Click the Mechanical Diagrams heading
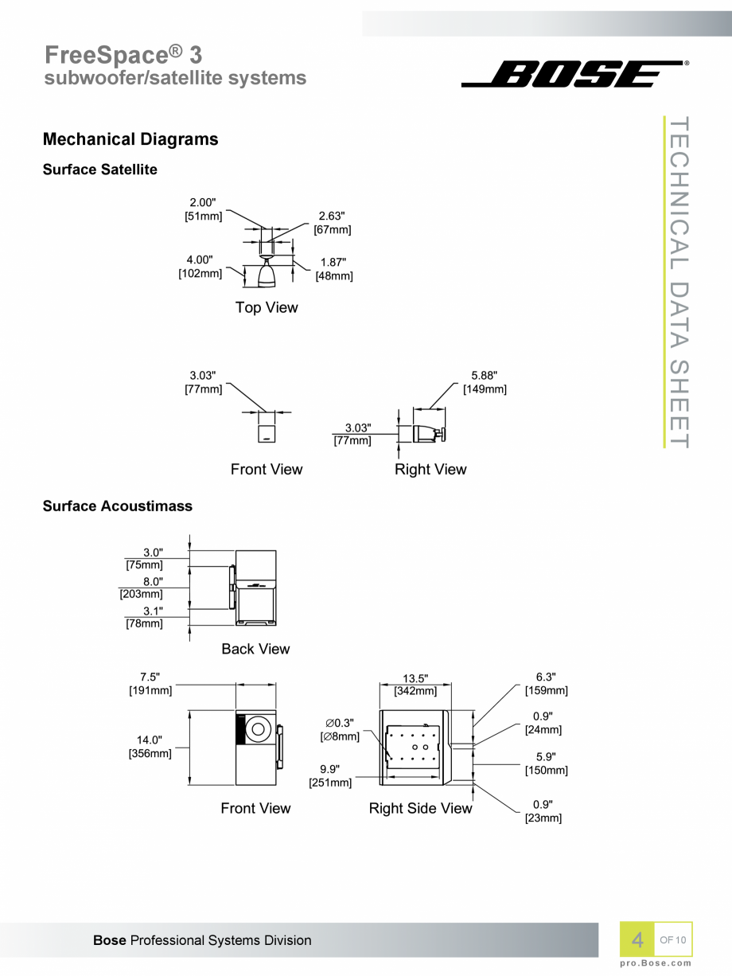(x=130, y=139)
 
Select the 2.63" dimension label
(x=332, y=216)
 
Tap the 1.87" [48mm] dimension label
(x=334, y=269)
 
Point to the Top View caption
(x=267, y=307)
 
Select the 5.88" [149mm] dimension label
(x=485, y=382)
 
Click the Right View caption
(x=430, y=469)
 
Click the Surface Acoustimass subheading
(x=118, y=506)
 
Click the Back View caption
(x=255, y=649)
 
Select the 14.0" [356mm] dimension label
(x=150, y=747)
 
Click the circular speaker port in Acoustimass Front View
(x=259, y=728)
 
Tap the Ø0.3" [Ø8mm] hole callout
(x=340, y=730)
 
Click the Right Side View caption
(x=420, y=809)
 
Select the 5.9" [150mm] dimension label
(x=546, y=763)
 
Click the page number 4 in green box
(x=637, y=940)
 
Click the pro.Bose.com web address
(x=656, y=962)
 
